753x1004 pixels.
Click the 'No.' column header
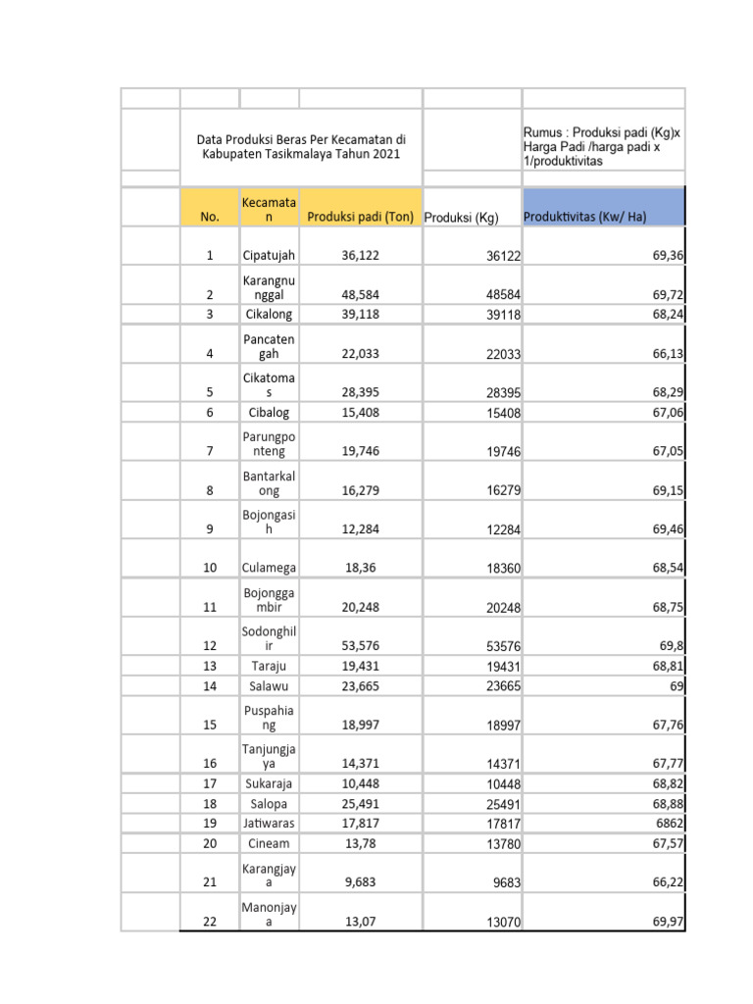click(210, 217)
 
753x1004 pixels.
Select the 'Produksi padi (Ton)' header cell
click(360, 217)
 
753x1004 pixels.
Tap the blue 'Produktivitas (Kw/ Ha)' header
click(585, 217)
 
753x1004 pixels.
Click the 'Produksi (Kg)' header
click(461, 218)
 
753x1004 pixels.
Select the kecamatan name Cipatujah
click(269, 255)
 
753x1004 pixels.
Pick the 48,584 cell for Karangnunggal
click(360, 294)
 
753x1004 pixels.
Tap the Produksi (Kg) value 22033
click(503, 355)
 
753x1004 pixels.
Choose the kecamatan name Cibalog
click(269, 413)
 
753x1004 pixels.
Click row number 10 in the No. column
click(210, 568)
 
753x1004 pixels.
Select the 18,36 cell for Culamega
click(360, 568)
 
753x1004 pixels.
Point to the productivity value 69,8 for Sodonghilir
click(671, 646)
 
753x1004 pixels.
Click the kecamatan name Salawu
click(269, 686)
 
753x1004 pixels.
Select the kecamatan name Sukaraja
click(269, 783)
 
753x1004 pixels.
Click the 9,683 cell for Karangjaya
click(360, 882)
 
